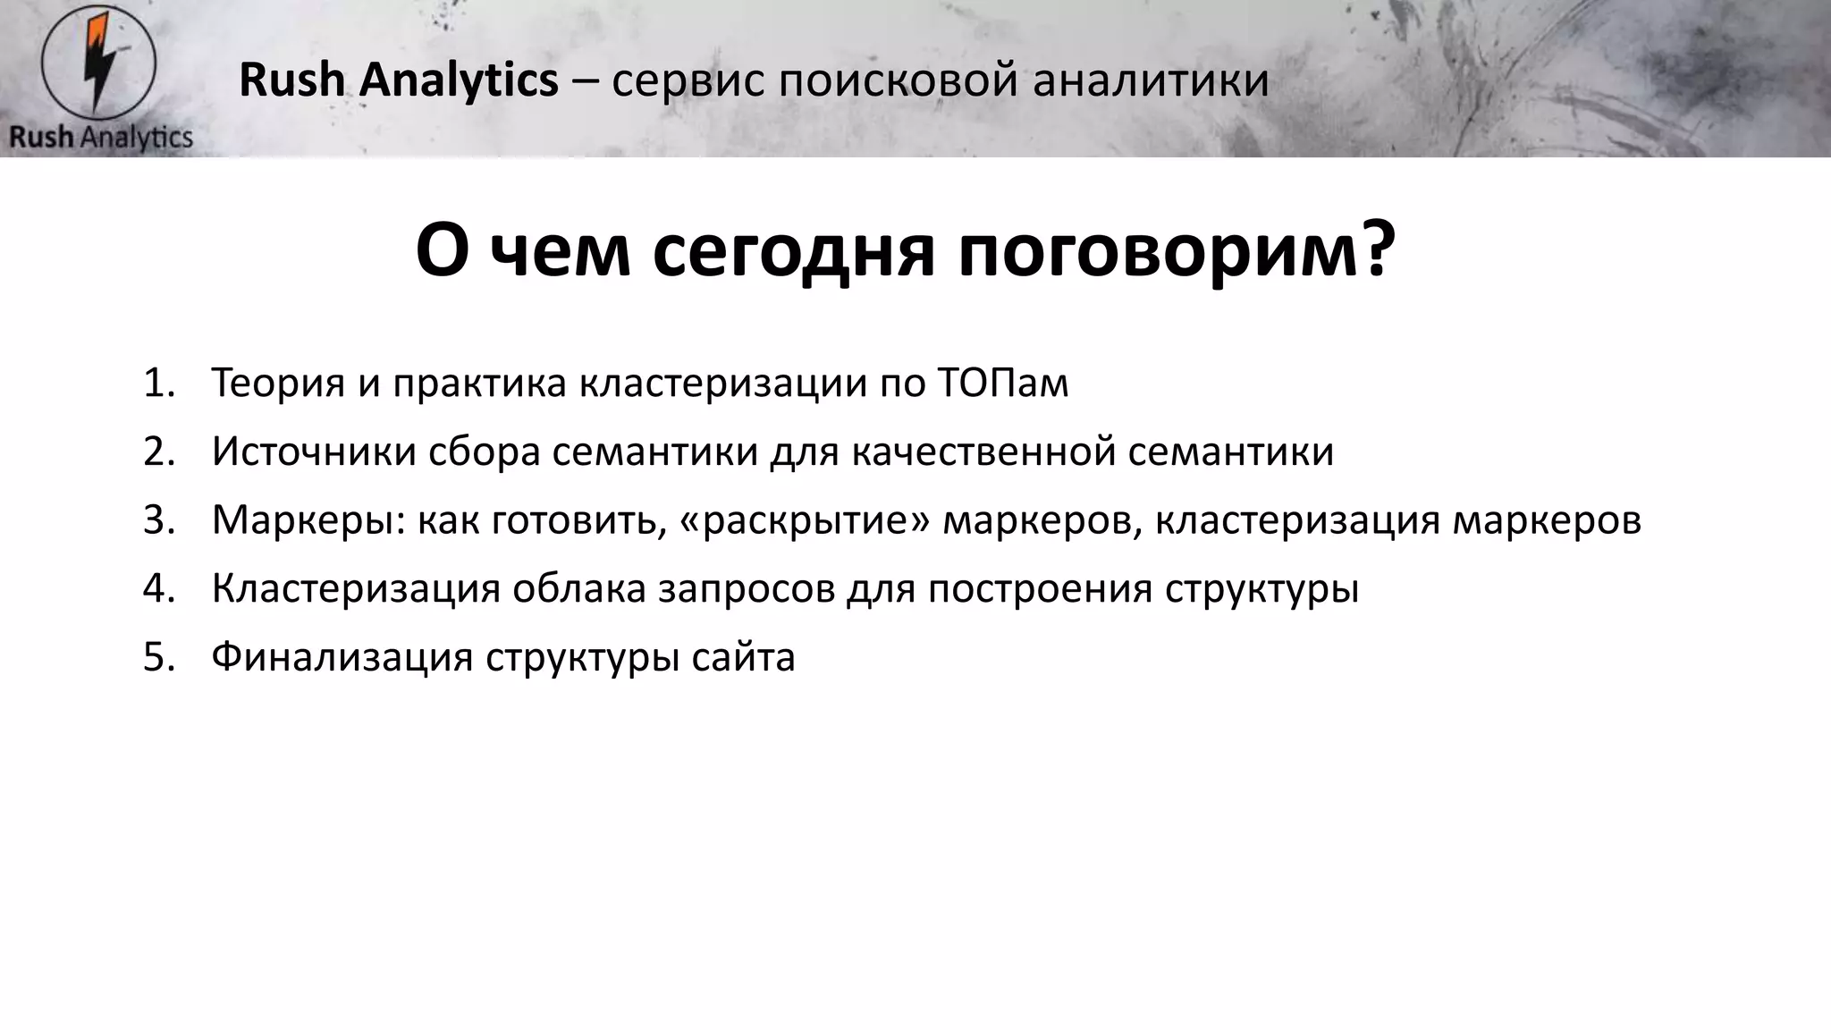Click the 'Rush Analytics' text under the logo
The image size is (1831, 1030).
pyautogui.click(x=101, y=138)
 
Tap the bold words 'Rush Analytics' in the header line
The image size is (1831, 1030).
pyautogui.click(x=399, y=80)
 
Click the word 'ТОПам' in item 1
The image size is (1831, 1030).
pyautogui.click(x=1003, y=383)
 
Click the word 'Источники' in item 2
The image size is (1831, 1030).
pyautogui.click(x=313, y=452)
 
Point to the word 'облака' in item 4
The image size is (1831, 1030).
pyautogui.click(x=578, y=589)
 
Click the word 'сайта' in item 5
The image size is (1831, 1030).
pyautogui.click(x=743, y=657)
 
